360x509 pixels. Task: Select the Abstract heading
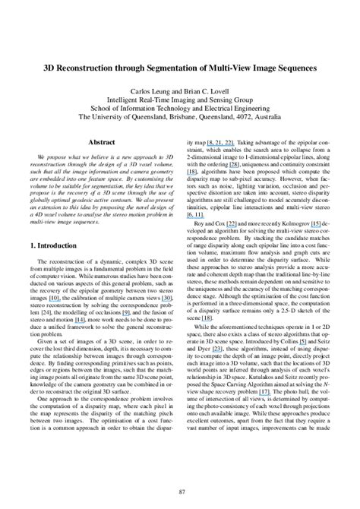101,141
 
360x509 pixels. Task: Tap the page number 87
180,492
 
